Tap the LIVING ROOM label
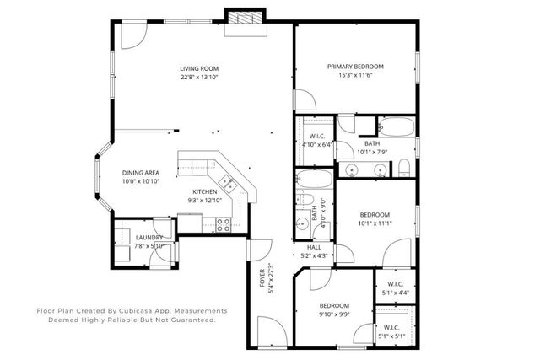199,68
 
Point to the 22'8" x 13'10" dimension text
199,78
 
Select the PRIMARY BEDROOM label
355,67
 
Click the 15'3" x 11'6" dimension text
355,76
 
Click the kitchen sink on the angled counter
226,180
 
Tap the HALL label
313,246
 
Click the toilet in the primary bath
404,164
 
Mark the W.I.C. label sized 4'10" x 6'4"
317,136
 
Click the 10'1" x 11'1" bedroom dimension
375,223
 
